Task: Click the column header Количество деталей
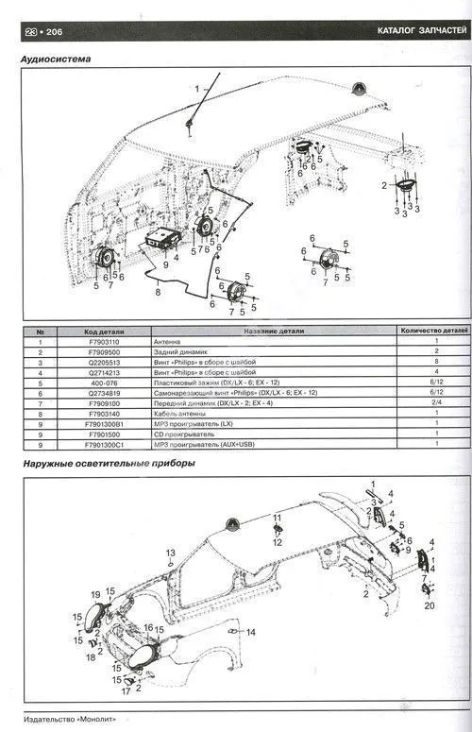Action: [428, 331]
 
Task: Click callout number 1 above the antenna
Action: [198, 89]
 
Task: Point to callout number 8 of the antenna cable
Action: [159, 294]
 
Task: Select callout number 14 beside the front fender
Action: [251, 631]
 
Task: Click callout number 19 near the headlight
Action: [95, 594]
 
